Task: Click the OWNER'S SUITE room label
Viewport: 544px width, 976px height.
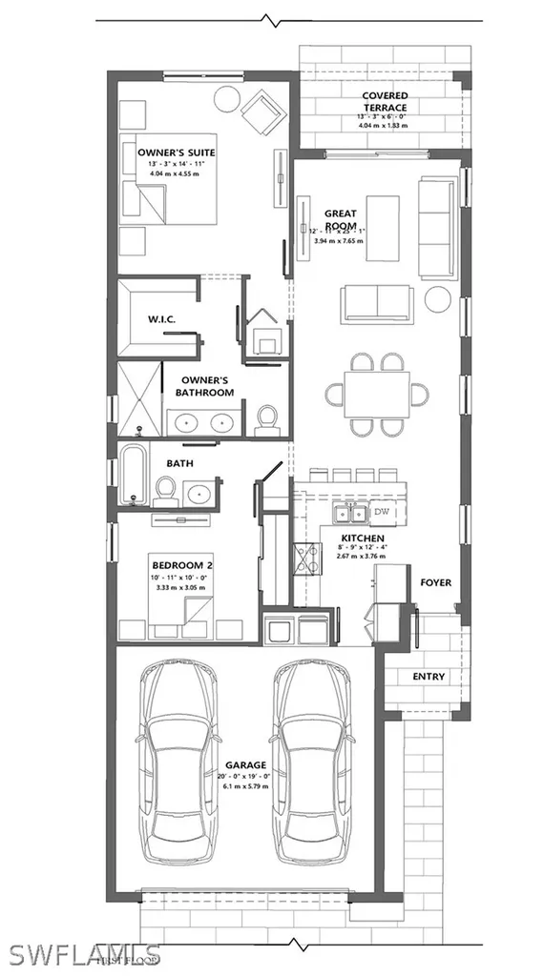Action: tap(176, 152)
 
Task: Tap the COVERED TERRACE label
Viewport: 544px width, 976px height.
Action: tap(385, 102)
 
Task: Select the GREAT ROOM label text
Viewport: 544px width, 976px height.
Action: tap(340, 219)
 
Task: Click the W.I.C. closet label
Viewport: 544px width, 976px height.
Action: tap(158, 318)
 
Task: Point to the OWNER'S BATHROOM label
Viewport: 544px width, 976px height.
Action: tap(207, 386)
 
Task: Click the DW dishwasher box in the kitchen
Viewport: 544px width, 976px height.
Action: tap(382, 513)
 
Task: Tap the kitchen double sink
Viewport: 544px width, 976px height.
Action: tap(349, 514)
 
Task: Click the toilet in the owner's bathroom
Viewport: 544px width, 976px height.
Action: tap(268, 417)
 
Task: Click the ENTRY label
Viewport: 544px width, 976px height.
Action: tap(429, 677)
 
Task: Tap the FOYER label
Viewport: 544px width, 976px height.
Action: tap(435, 581)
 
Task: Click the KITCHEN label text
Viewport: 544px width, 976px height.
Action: tap(362, 538)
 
